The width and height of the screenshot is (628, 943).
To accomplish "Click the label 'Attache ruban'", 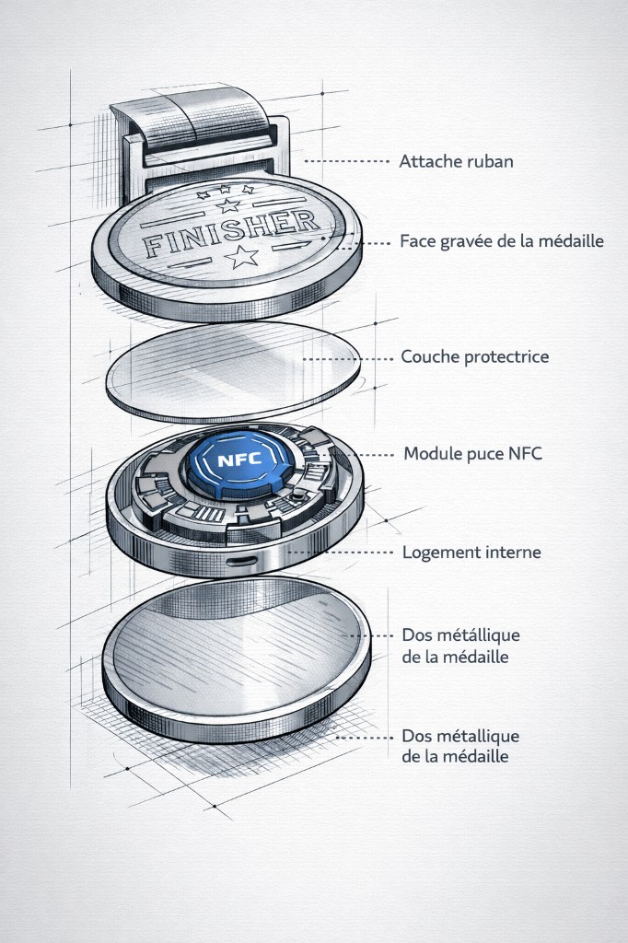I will point(456,161).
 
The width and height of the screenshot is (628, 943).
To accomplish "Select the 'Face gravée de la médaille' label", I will point(501,242).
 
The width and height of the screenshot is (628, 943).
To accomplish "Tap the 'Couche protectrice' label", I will point(474,356).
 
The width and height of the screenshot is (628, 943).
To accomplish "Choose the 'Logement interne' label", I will point(471,553).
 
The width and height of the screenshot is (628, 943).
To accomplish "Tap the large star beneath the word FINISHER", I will point(243,257).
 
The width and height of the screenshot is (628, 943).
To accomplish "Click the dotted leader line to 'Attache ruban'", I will point(345,161).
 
